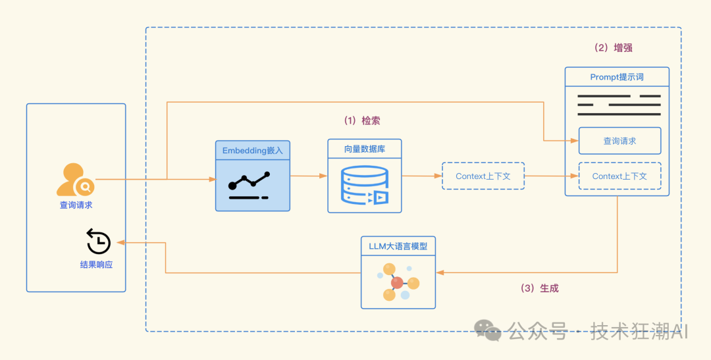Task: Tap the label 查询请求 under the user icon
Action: [76, 205]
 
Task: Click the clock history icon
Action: [98, 242]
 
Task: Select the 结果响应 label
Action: [96, 265]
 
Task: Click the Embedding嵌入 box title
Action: [252, 150]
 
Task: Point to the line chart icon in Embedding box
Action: [249, 185]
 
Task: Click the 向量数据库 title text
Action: [364, 149]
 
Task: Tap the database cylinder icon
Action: [364, 185]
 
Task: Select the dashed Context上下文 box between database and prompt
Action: [483, 176]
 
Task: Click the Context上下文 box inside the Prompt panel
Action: [619, 176]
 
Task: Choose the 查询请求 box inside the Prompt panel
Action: [619, 141]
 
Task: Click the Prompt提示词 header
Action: [617, 77]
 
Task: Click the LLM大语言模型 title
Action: [398, 246]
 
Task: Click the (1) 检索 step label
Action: [361, 121]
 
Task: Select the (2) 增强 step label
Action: [613, 48]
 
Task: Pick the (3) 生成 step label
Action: [539, 288]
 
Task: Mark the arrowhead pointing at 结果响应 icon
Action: [120, 242]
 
